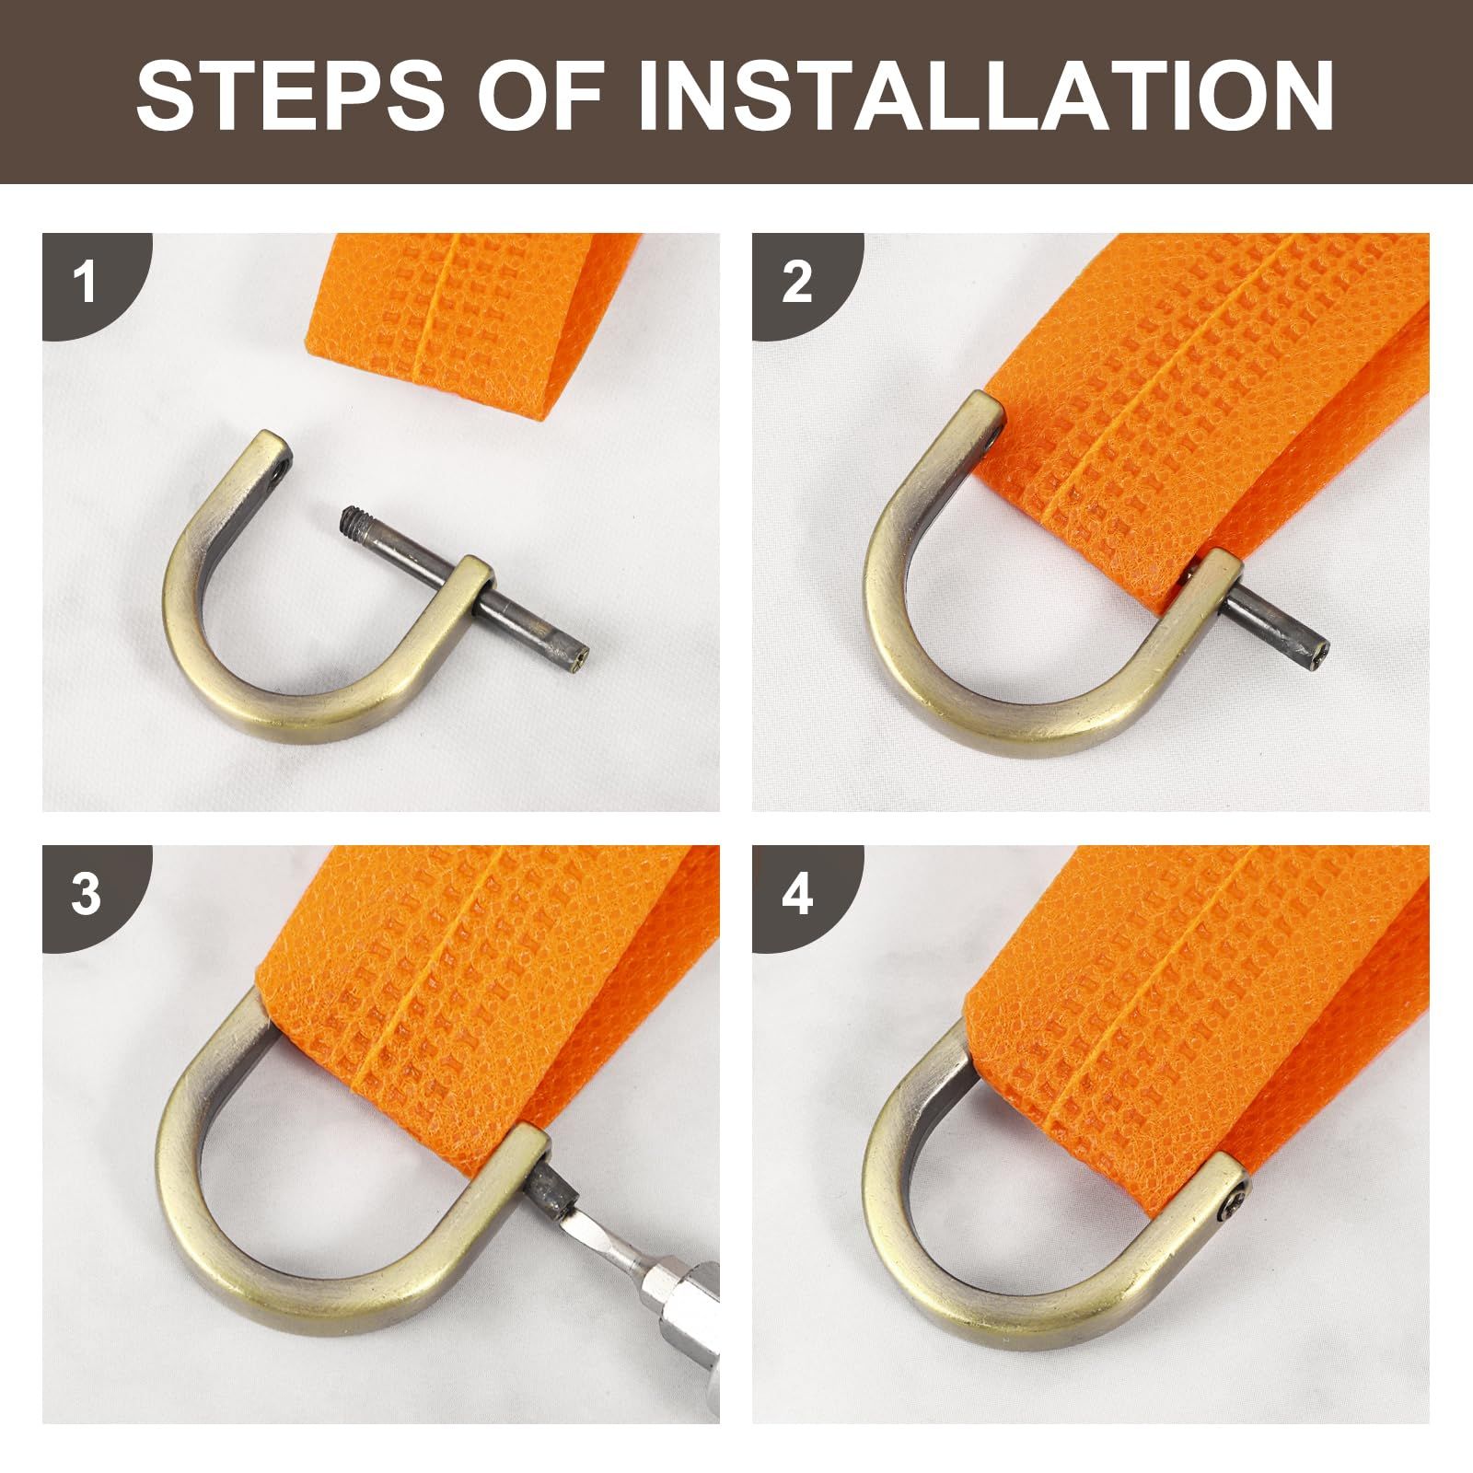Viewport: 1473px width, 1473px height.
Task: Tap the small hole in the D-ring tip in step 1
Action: click(x=279, y=478)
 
